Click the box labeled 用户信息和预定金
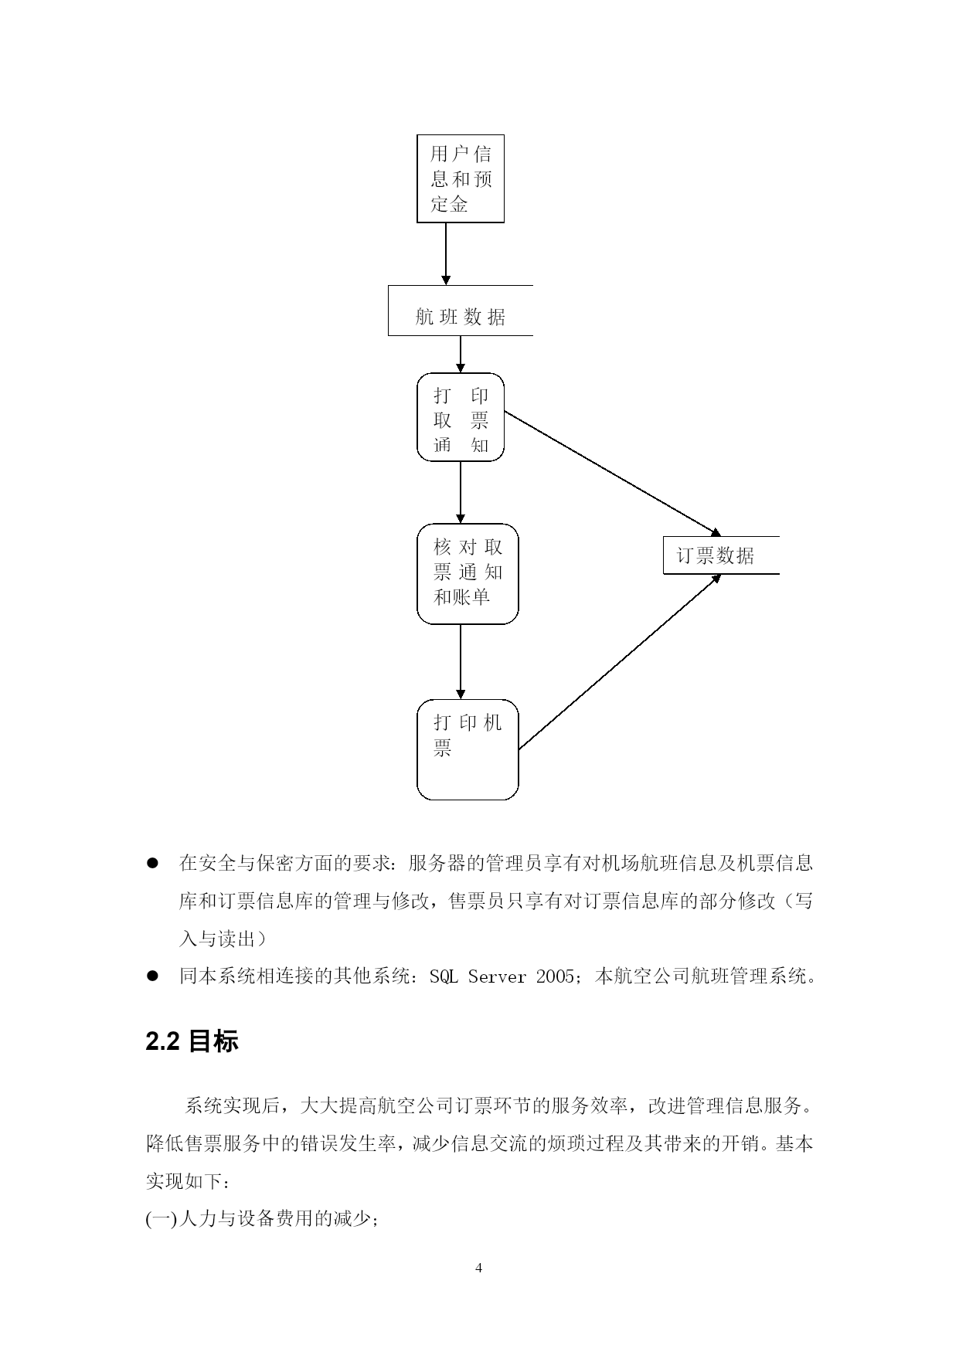(x=461, y=178)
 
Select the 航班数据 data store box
(x=461, y=311)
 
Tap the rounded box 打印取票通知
(x=461, y=417)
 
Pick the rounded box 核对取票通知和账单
(x=468, y=574)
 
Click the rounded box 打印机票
(x=468, y=749)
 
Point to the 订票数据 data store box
(x=721, y=555)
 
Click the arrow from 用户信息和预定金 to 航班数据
(x=446, y=254)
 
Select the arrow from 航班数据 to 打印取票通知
(x=461, y=355)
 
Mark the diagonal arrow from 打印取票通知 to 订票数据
(x=613, y=474)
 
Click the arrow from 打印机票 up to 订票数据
(x=620, y=662)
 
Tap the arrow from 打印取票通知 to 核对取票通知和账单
(x=461, y=493)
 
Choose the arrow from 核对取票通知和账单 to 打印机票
(x=461, y=662)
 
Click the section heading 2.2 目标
(x=192, y=1042)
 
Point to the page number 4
(x=479, y=1268)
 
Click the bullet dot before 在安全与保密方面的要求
(x=152, y=863)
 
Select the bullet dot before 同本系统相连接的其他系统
(x=152, y=976)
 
